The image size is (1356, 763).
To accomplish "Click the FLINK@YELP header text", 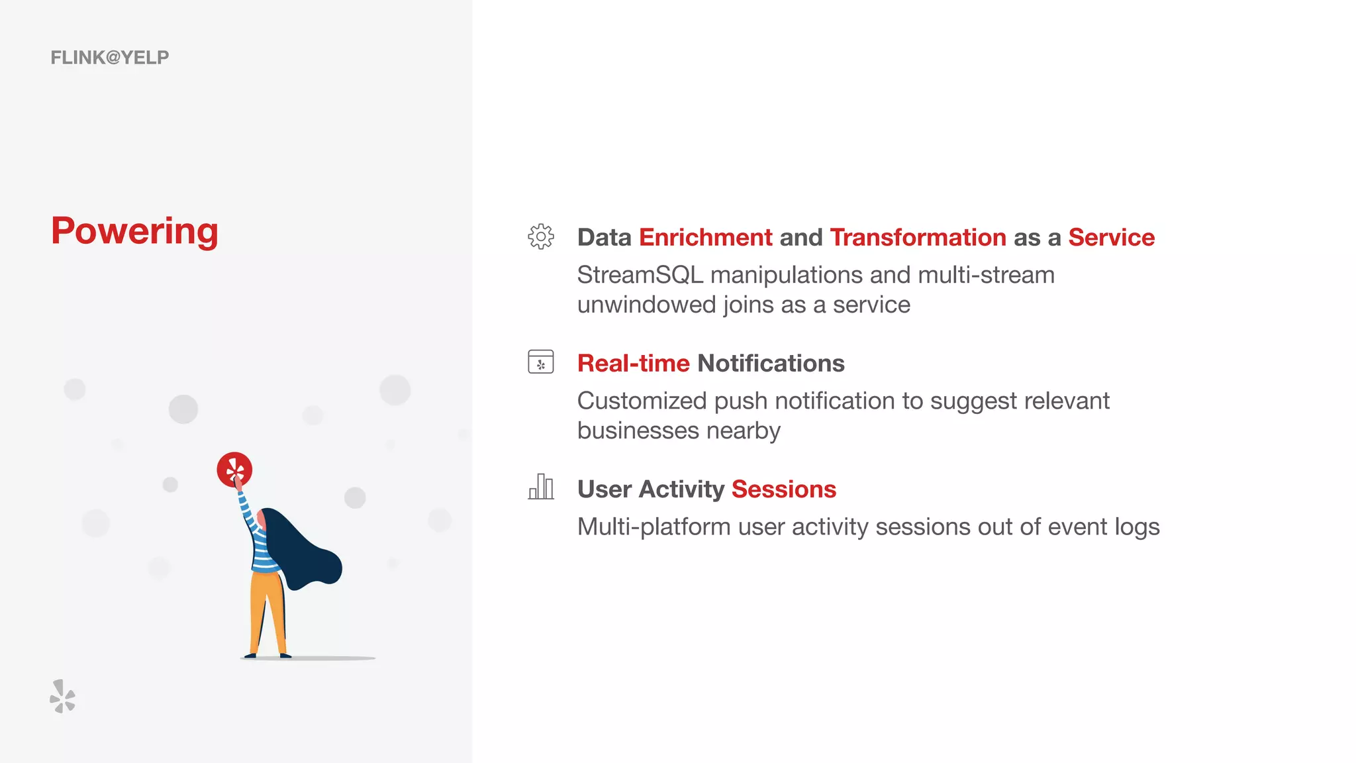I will click(x=110, y=58).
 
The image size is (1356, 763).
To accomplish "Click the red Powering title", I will click(x=134, y=230).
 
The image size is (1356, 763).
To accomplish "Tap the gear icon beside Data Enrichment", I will click(x=541, y=236).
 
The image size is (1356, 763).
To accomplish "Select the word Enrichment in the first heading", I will click(x=705, y=237).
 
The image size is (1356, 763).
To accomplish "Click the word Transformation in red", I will click(x=918, y=237).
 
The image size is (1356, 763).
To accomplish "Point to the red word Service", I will click(x=1111, y=237).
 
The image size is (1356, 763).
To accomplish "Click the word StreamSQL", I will click(x=640, y=275).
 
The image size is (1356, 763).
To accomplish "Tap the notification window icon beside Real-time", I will click(x=541, y=362).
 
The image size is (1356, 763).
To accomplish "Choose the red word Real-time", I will click(x=633, y=363).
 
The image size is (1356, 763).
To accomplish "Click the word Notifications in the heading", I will click(x=771, y=363).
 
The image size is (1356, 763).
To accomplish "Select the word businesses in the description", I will click(x=638, y=431).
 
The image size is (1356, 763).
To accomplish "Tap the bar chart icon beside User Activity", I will click(x=541, y=487).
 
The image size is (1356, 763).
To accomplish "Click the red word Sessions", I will click(x=783, y=489).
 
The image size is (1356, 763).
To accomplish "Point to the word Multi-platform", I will click(x=654, y=527).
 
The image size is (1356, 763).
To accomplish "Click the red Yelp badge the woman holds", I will click(x=234, y=470).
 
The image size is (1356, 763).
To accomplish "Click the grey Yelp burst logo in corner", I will click(x=62, y=696).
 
